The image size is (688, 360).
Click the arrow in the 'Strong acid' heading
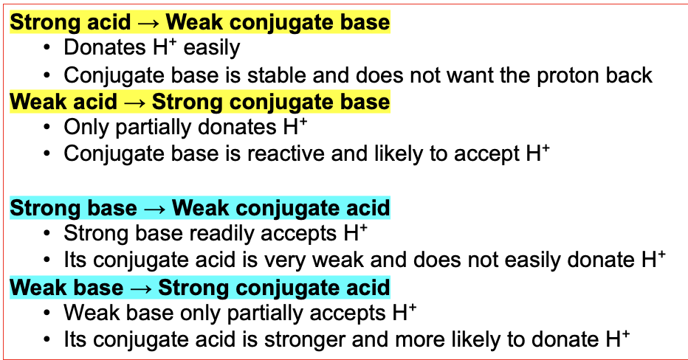pyautogui.click(x=148, y=23)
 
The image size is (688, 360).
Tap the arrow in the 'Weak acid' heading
pyautogui.click(x=134, y=103)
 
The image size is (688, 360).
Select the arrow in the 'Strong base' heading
pyautogui.click(x=154, y=209)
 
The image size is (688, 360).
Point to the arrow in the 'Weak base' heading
pyautogui.click(x=141, y=288)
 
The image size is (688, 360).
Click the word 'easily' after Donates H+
pyautogui.click(x=212, y=48)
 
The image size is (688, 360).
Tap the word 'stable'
pyautogui.click(x=274, y=75)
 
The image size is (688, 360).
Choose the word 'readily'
pyautogui.click(x=223, y=234)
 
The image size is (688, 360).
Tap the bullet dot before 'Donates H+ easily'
pyautogui.click(x=47, y=48)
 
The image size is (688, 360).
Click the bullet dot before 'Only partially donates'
pyautogui.click(x=47, y=128)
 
